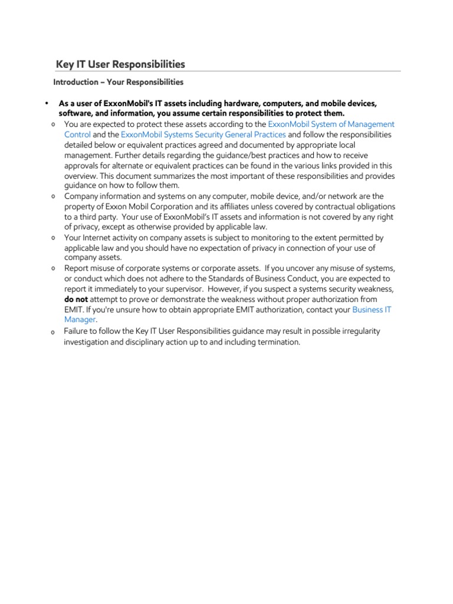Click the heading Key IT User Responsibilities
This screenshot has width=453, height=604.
120,64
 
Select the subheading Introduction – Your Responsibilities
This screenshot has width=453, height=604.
119,82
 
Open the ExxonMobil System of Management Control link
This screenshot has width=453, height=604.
331,124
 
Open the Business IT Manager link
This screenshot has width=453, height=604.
372,309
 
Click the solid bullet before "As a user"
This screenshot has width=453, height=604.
45,104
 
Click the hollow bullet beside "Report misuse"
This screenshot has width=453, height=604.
54,269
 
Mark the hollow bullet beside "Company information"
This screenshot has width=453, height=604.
54,196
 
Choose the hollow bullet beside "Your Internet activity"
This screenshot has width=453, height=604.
54,238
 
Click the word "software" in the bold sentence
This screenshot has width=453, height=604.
75,113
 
